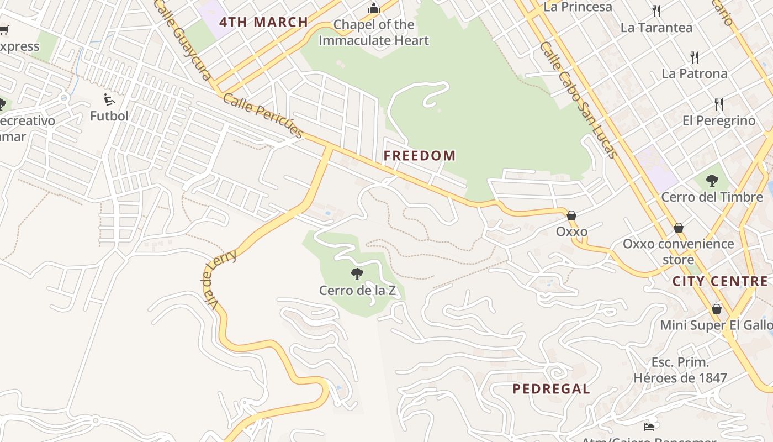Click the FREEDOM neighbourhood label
pos(420,156)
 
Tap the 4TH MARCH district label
pos(263,23)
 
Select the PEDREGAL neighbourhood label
pos(551,389)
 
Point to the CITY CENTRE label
pos(720,281)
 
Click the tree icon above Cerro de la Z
pos(357,273)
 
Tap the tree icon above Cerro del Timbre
pos(712,180)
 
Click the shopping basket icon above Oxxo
pos(571,215)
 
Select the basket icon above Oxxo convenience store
pos(679,228)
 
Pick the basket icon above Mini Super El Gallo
pos(717,309)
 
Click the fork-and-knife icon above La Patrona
pos(695,57)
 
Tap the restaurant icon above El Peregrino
pos(719,104)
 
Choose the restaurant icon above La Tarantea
pos(656,10)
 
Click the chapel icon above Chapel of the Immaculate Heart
pos(374,8)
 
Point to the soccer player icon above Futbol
pos(109,99)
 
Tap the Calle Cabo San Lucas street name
pos(579,99)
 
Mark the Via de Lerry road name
pos(219,280)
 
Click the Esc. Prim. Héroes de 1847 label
pos(680,370)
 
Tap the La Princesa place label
pos(578,7)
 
